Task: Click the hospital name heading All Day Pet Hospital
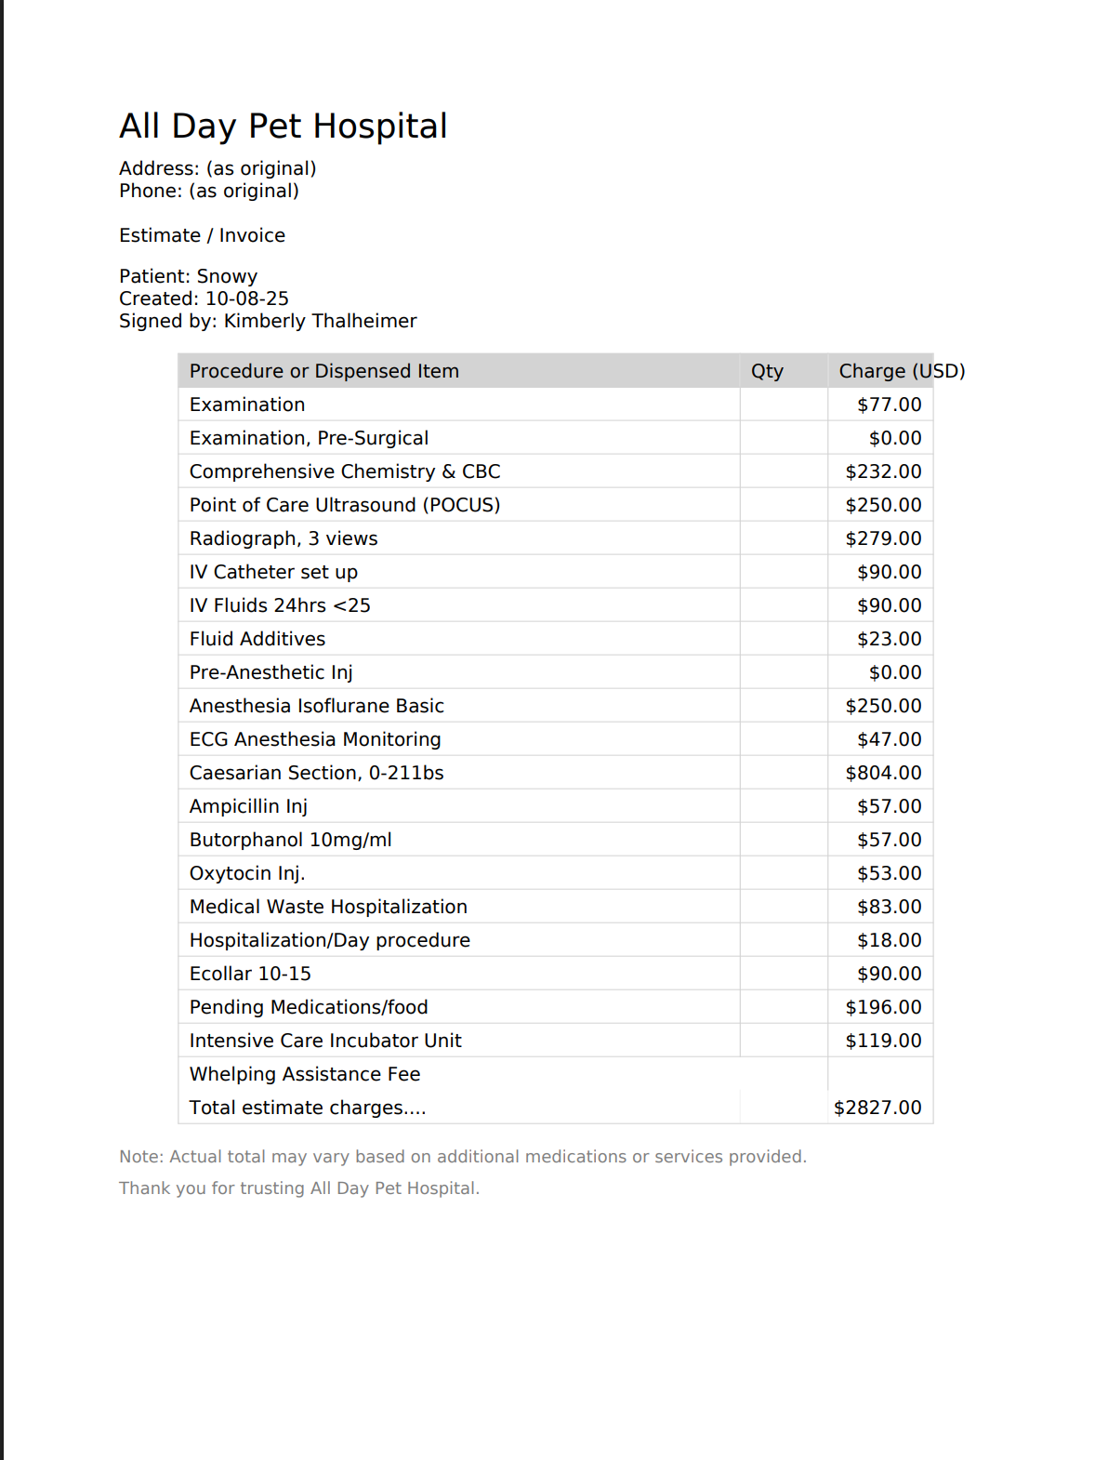click(284, 126)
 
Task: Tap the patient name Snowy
click(227, 276)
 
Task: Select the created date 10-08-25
click(246, 299)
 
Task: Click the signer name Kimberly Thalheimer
click(320, 321)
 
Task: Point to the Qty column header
click(767, 371)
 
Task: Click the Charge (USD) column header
click(901, 371)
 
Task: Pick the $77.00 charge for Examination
click(889, 405)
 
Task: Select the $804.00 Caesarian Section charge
click(883, 773)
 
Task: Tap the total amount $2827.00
click(877, 1108)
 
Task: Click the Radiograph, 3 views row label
click(284, 538)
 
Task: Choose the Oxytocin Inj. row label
click(247, 873)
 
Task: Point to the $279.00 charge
click(883, 538)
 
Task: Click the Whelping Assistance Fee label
click(305, 1074)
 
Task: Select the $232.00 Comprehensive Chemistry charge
click(883, 471)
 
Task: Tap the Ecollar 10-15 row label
click(250, 974)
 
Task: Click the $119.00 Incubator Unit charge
click(883, 1041)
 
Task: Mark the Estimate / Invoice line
click(202, 235)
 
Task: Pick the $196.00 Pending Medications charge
click(883, 1007)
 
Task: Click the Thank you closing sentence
click(299, 1188)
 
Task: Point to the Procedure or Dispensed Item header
click(324, 371)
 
